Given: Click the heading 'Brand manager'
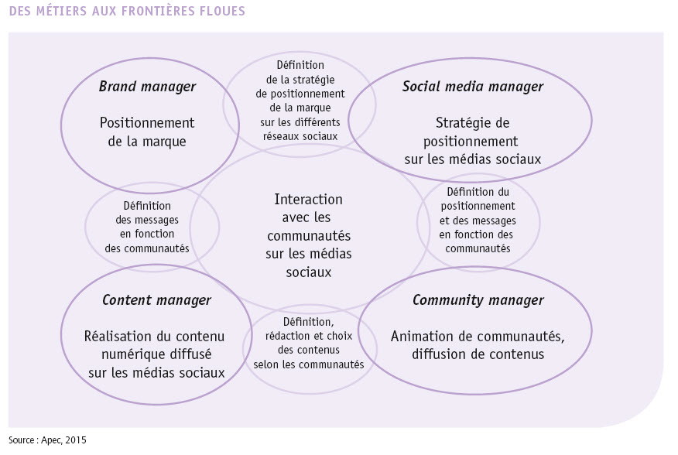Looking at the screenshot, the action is (147, 87).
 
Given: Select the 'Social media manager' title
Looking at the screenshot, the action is (473, 87).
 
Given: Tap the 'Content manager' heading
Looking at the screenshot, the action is (156, 300).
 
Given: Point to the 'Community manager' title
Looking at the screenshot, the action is (478, 300).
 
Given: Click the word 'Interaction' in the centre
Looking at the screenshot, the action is (308, 200).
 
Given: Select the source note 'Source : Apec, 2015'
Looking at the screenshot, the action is (47, 440).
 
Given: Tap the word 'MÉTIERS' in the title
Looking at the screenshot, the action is (61, 11).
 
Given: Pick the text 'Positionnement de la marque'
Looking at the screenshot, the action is (147, 132).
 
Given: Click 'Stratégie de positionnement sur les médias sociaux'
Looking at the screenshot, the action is (473, 141).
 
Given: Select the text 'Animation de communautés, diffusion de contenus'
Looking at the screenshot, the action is (478, 345).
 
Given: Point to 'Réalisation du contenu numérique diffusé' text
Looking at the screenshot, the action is (154, 345).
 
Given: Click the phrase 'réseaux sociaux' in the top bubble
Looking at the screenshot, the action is (300, 136).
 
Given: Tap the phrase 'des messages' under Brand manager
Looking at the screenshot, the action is (147, 220).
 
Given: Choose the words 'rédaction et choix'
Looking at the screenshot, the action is (309, 336).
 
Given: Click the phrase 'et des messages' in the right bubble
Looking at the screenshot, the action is (478, 221).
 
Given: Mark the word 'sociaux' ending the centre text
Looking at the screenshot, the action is (308, 272).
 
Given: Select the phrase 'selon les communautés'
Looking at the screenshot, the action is (309, 364).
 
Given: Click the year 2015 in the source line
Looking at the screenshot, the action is (77, 440).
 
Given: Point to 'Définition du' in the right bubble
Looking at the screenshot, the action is (478, 192).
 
